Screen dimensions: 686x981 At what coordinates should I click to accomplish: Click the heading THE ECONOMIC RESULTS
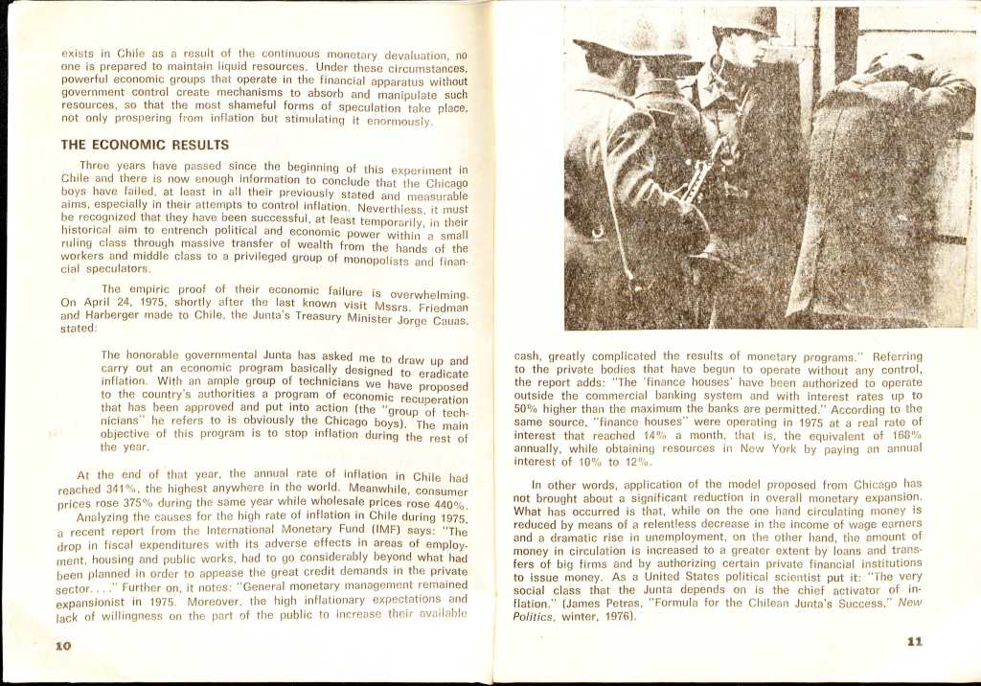(145, 146)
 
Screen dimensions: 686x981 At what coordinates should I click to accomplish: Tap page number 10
(63, 646)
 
